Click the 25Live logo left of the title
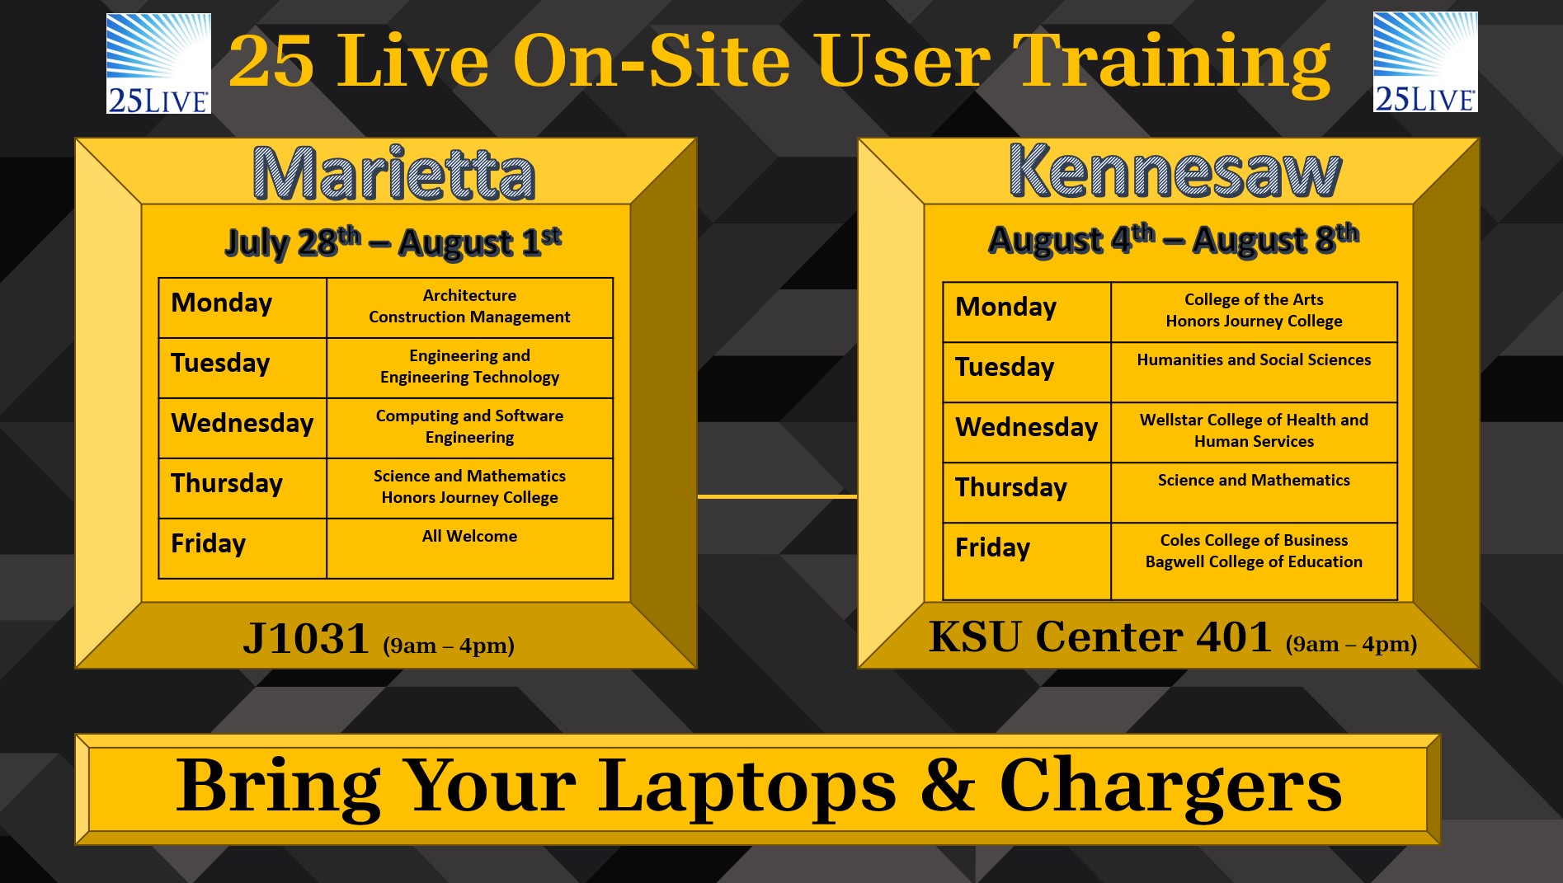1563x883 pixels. (x=158, y=63)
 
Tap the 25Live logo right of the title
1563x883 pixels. (x=1425, y=62)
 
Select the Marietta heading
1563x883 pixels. (x=394, y=173)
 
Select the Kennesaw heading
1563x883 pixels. (x=1175, y=170)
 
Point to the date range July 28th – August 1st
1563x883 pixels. (x=393, y=242)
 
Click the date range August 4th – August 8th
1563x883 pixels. (x=1174, y=239)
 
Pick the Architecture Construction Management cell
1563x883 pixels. (x=469, y=307)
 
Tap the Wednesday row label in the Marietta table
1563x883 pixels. (x=242, y=423)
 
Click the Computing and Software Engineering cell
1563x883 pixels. (x=469, y=427)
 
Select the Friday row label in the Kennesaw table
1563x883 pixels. (x=993, y=547)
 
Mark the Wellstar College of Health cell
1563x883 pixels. (x=1254, y=431)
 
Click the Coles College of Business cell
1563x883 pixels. (x=1254, y=552)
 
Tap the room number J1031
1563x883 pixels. (x=305, y=639)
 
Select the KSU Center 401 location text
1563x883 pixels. (x=1100, y=636)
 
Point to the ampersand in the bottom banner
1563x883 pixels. (x=949, y=785)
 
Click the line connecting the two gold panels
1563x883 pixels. (x=777, y=497)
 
